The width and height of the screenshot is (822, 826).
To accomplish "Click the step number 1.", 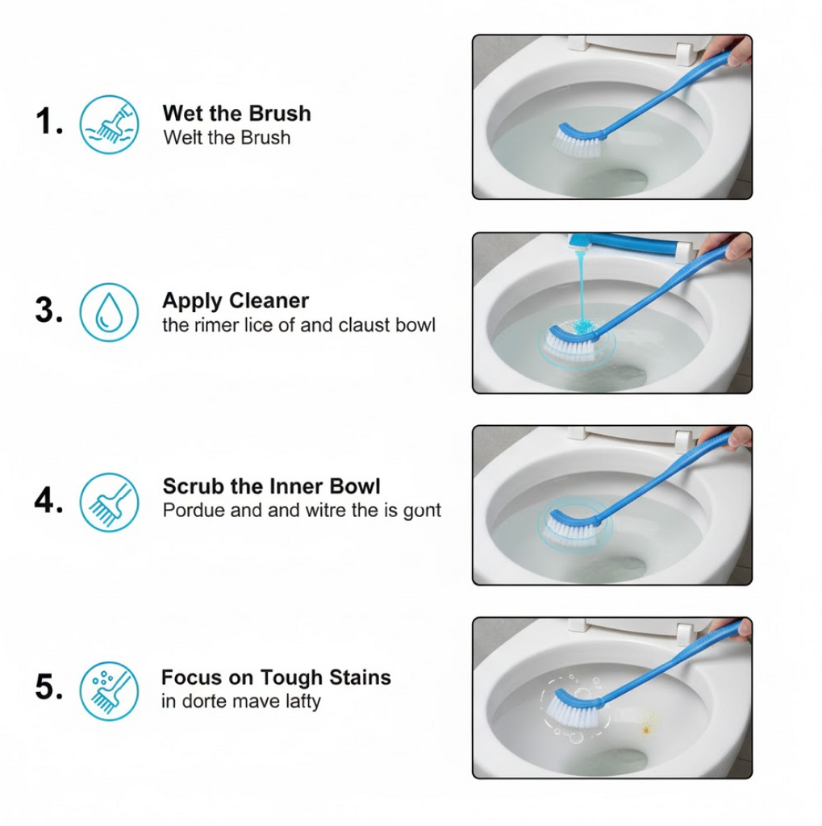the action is pyautogui.click(x=49, y=121).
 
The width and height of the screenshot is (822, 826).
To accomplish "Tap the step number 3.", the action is pyautogui.click(x=49, y=310).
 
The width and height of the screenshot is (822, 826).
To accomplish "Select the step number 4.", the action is pyautogui.click(x=49, y=499).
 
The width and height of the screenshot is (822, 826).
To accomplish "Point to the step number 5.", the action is pyautogui.click(x=49, y=687).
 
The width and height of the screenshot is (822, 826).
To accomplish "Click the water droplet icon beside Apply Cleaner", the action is pyautogui.click(x=109, y=312).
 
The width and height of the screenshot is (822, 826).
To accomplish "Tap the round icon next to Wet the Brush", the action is pyautogui.click(x=109, y=124).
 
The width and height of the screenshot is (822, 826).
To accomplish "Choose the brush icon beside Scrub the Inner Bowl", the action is pyautogui.click(x=109, y=502).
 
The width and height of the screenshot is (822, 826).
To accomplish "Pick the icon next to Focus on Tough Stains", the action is pyautogui.click(x=109, y=690).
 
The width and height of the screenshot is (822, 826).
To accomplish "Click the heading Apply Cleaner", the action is pyautogui.click(x=236, y=302).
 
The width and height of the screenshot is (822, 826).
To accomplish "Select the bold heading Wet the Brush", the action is pyautogui.click(x=236, y=113).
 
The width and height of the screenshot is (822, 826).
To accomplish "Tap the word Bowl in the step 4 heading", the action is pyautogui.click(x=354, y=486).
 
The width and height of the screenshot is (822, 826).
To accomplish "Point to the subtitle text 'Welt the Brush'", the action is pyautogui.click(x=227, y=137).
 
